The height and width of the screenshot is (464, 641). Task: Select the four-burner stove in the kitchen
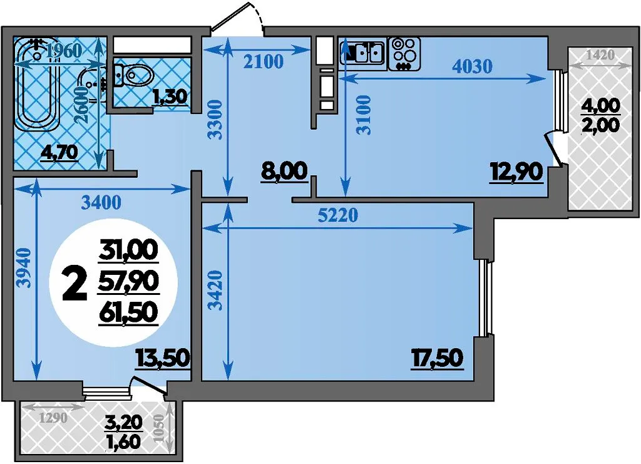coord(404,54)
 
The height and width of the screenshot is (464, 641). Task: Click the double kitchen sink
coord(362,53)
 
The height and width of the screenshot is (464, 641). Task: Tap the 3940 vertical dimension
coord(25,268)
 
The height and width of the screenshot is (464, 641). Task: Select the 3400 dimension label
coord(101,202)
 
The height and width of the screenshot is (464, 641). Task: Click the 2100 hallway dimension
coord(264,62)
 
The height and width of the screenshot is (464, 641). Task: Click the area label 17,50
coord(437,358)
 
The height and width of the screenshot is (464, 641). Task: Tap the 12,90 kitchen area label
coord(516,172)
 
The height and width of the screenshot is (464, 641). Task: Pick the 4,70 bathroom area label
coord(59,153)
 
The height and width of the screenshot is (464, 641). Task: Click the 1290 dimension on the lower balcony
coord(54,418)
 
